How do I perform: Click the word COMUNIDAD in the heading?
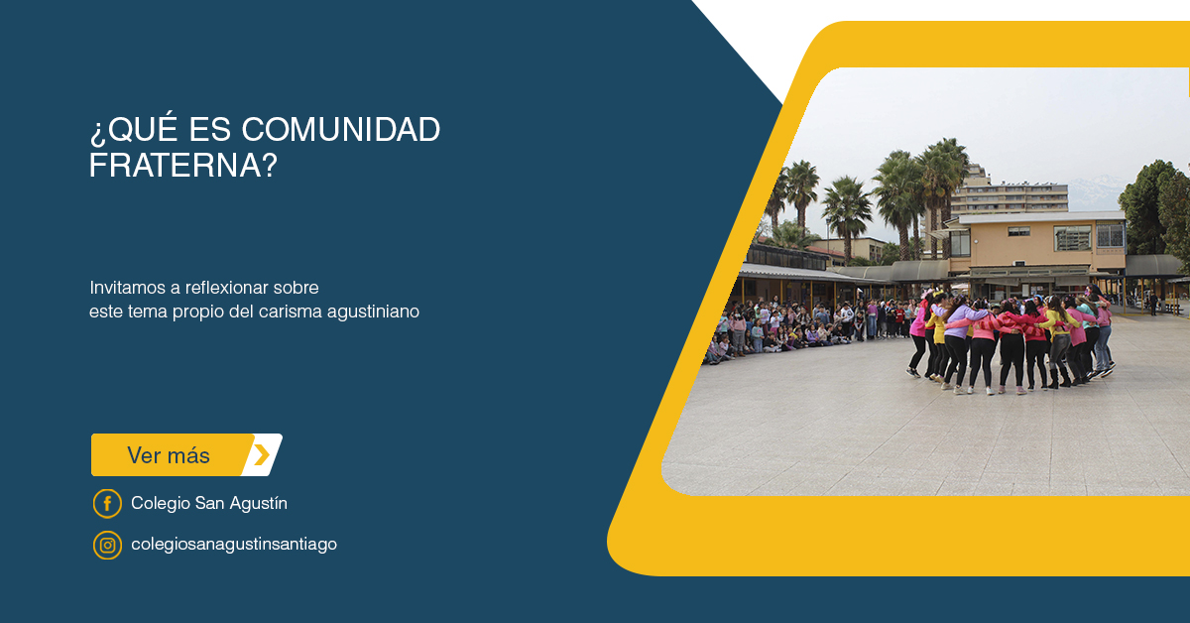click(341, 130)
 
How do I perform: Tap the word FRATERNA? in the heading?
click(183, 166)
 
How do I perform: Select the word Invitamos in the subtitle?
click(128, 288)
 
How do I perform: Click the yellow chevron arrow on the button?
click(262, 455)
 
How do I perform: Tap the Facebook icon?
click(107, 503)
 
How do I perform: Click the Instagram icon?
click(107, 546)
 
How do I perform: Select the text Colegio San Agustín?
click(209, 503)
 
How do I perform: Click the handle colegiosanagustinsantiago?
click(234, 545)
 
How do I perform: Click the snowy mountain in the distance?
click(1097, 192)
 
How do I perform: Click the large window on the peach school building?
click(1072, 238)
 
